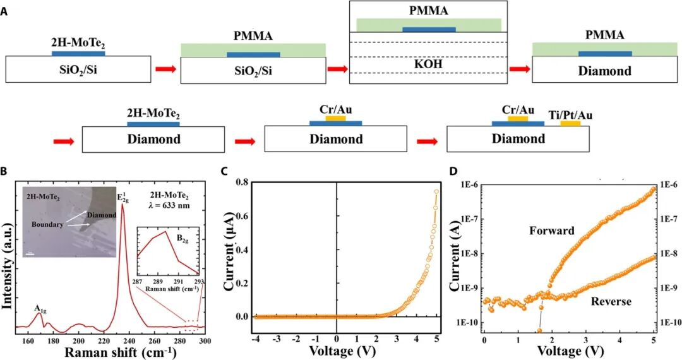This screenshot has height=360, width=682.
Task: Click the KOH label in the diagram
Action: tap(428, 64)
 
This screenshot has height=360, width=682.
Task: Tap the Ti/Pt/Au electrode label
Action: tap(571, 115)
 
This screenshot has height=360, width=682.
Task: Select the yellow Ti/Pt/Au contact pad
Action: tap(570, 124)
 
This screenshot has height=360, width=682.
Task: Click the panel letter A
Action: tap(4, 12)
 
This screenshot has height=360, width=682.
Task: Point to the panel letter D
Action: tap(453, 171)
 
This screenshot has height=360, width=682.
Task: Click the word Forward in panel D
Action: tap(552, 231)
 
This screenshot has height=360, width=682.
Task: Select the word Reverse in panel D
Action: tap(611, 301)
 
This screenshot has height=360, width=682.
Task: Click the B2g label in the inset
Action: tap(182, 238)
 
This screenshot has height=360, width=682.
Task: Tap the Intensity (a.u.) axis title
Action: tap(6, 266)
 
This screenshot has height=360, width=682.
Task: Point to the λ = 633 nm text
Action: tap(167, 205)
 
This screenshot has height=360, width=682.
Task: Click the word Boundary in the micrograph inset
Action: tap(47, 225)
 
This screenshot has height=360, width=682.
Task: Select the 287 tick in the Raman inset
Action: tap(138, 282)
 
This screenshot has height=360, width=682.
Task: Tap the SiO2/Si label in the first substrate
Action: tap(78, 69)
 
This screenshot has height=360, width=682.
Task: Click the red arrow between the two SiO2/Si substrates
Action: tap(165, 69)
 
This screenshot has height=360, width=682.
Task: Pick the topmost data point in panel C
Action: tap(436, 191)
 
